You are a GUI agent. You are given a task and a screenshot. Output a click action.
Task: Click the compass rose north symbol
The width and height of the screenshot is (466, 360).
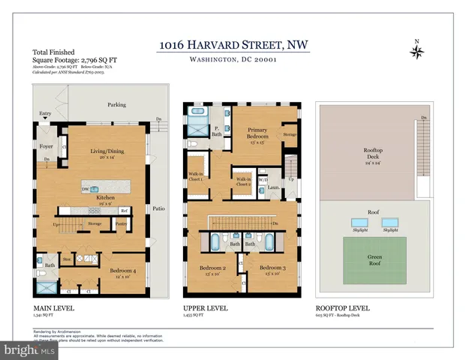coord(416,51)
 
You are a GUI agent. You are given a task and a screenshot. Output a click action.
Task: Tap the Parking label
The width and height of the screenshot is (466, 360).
coord(116,105)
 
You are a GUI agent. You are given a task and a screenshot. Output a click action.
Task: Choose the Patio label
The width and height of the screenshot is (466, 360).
coord(158,208)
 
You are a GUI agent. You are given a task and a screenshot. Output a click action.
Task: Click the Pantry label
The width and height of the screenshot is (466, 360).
coord(122,223)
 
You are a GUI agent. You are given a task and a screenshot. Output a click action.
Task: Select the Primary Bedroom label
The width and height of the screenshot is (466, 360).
coord(257,134)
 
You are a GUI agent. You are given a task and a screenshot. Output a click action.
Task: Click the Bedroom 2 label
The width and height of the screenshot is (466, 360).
coord(213,268)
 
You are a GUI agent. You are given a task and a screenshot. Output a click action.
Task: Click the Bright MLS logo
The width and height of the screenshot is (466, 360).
coord(29,350)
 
